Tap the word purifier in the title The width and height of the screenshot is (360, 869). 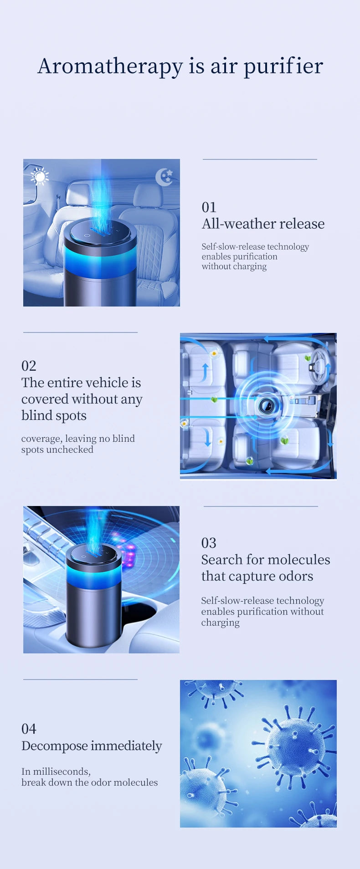pos(283,66)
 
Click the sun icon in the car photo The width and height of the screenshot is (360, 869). pos(40,177)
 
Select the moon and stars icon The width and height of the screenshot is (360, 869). pos(164,177)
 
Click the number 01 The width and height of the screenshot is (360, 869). pos(209,207)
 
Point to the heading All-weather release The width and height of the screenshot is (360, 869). pos(263,224)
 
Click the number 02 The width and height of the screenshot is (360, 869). pos(29,366)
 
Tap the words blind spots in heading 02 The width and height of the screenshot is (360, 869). pos(54,415)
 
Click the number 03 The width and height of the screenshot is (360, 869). pos(209,543)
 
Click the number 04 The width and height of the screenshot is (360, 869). pos(29,729)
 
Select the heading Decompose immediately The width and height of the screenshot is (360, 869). pos(92,746)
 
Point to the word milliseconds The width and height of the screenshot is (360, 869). pos(61,772)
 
